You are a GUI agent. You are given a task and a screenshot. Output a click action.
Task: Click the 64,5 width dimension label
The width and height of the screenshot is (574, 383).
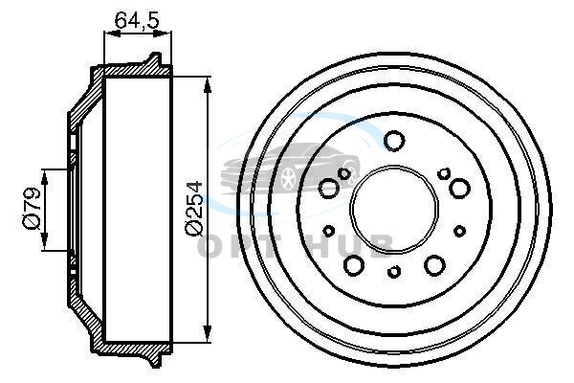click(x=137, y=20)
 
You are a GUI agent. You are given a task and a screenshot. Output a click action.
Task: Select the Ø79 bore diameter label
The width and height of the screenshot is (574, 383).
click(x=32, y=209)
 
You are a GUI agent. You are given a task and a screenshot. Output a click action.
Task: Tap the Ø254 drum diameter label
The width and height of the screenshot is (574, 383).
click(x=193, y=208)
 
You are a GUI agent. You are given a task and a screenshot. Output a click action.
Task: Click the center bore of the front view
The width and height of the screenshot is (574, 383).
click(x=394, y=210)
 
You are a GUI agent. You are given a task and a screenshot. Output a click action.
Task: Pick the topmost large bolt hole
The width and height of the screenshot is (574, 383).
click(x=394, y=141)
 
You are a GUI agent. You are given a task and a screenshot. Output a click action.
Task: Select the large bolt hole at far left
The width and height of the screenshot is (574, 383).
click(x=329, y=189)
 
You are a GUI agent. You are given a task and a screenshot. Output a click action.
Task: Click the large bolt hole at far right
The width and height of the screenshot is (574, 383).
click(x=459, y=188)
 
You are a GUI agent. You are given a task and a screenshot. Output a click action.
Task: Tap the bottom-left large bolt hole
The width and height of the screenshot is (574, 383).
click(x=354, y=265)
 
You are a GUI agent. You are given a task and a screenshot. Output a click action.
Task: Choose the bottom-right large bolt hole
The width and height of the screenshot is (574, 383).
click(x=435, y=265)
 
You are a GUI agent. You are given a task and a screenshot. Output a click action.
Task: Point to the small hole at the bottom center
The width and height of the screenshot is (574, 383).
click(x=394, y=272)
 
